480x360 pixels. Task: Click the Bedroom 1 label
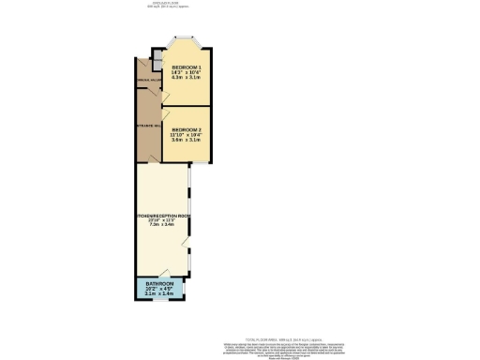pos(187,67)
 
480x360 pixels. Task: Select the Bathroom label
pos(159,283)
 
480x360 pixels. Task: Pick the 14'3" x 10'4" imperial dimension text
pos(187,73)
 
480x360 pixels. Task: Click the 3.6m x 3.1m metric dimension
pos(187,140)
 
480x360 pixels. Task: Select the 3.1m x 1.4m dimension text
pos(159,293)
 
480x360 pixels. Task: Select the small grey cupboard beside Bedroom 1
pos(157,67)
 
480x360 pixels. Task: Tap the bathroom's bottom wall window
pos(159,301)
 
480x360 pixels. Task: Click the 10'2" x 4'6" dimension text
pos(159,289)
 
